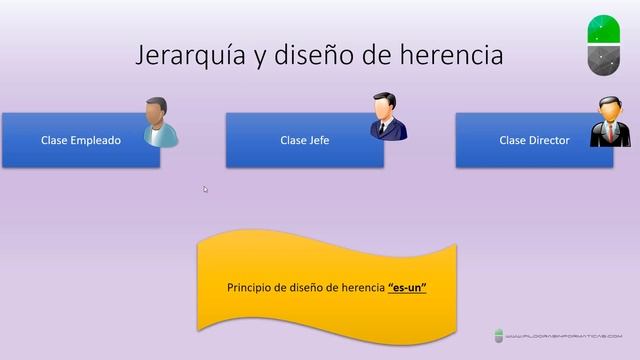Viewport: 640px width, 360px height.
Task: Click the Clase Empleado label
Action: pos(81,141)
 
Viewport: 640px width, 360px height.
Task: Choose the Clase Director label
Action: pos(534,141)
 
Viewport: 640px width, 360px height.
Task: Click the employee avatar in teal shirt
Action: pos(158,123)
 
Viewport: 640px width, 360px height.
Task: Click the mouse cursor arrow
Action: pos(205,188)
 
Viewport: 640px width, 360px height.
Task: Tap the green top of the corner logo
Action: pos(601,30)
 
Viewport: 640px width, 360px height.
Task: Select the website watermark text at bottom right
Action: pos(565,337)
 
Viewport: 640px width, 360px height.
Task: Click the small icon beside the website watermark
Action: pos(499,336)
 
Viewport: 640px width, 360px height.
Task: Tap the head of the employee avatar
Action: pos(155,109)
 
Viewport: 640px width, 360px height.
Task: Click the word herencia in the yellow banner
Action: pos(359,288)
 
